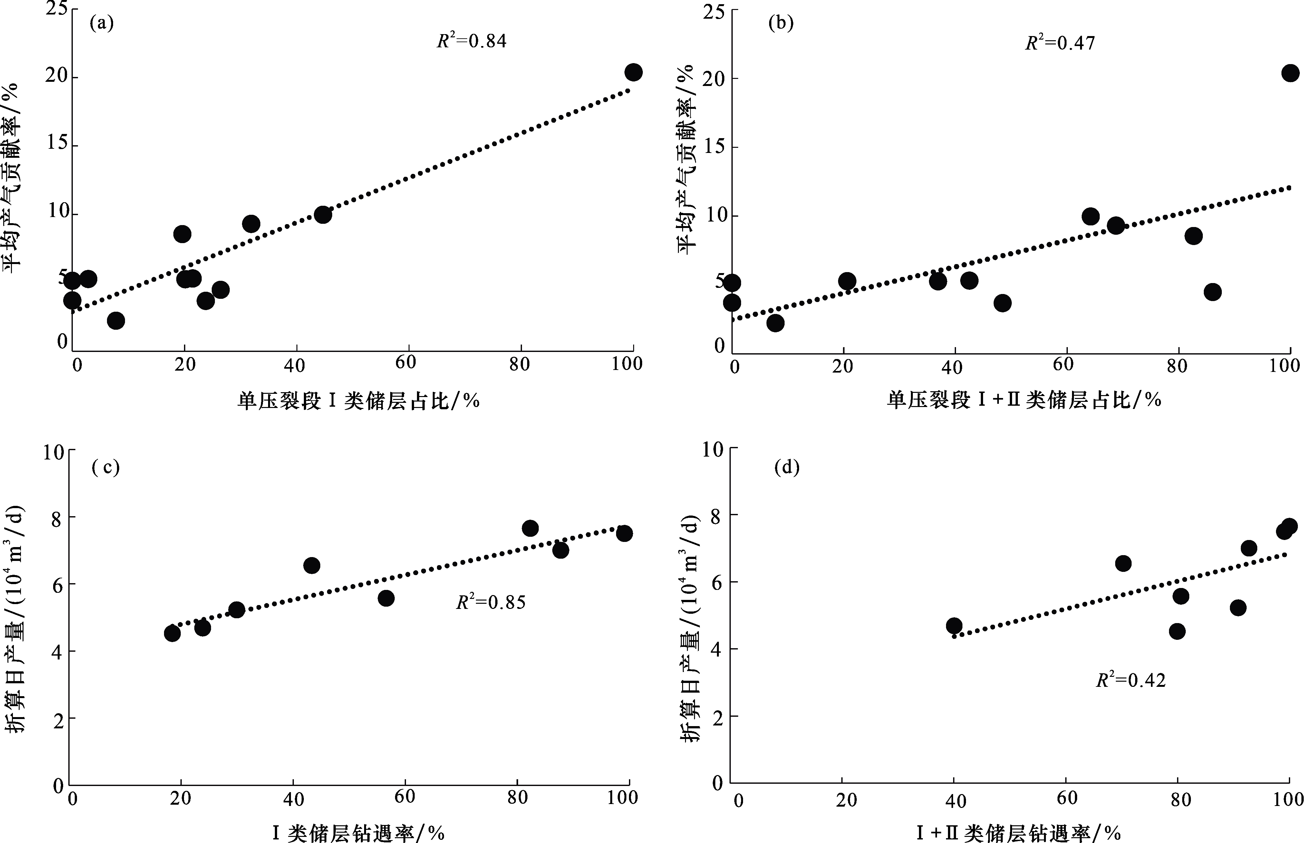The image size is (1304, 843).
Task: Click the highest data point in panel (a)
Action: click(633, 72)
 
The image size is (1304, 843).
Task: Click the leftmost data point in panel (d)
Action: click(954, 626)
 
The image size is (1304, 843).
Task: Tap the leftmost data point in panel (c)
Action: click(172, 633)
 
